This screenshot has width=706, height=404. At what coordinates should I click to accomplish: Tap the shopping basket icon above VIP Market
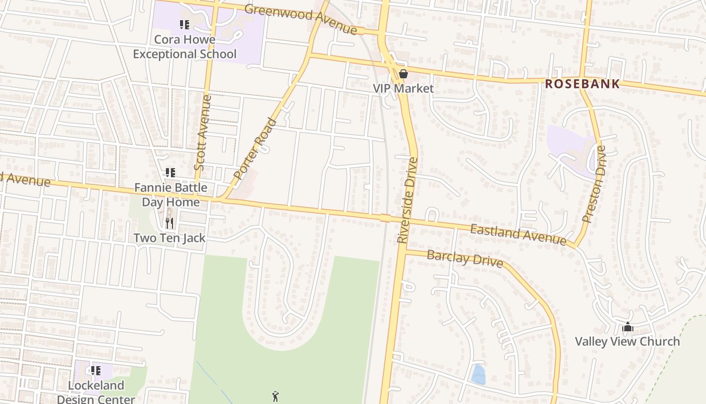click(403, 74)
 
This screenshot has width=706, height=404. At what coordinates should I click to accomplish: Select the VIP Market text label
click(403, 88)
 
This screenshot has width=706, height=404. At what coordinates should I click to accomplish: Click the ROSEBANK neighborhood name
click(582, 84)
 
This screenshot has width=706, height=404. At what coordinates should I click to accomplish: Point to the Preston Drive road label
click(594, 184)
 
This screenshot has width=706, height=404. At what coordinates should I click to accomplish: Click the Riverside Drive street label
click(407, 200)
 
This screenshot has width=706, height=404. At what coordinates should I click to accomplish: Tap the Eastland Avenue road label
click(518, 235)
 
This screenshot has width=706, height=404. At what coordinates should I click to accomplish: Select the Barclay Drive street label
click(464, 258)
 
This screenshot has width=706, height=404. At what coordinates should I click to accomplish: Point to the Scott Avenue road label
click(201, 132)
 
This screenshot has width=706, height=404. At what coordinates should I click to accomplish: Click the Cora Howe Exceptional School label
click(185, 46)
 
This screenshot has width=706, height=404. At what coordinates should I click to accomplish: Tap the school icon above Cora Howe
click(185, 24)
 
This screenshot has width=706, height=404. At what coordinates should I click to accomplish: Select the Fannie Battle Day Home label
click(170, 194)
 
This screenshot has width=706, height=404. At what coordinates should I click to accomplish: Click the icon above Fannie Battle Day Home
click(170, 173)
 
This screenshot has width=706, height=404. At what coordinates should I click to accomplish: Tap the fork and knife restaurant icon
click(169, 223)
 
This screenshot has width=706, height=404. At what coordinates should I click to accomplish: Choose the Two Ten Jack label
click(169, 237)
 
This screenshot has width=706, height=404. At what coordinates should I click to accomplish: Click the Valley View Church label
click(627, 341)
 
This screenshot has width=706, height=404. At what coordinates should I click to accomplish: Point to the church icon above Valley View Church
click(627, 327)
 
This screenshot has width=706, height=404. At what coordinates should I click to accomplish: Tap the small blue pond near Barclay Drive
click(478, 374)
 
